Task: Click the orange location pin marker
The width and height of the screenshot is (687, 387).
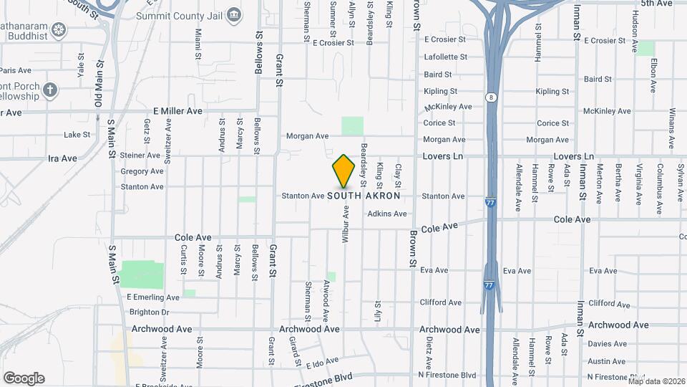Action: (343, 171)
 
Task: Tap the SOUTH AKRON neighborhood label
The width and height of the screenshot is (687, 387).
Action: (364, 196)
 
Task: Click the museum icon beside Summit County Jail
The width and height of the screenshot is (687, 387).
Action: (234, 15)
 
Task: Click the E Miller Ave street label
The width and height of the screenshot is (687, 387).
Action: (178, 111)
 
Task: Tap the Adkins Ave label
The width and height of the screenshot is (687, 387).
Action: (387, 214)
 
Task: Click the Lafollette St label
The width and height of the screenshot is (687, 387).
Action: (445, 57)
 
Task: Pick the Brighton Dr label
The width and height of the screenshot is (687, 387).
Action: (149, 312)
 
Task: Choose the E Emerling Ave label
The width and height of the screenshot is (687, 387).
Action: (153, 297)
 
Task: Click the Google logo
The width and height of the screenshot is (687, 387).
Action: (24, 378)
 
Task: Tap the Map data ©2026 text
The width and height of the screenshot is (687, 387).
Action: (656, 381)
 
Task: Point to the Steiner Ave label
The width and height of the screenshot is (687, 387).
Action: (140, 155)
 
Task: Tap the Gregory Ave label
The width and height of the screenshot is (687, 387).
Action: (142, 171)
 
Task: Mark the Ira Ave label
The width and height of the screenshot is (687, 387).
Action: (62, 158)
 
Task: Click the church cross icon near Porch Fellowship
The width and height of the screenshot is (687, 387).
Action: (49, 90)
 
